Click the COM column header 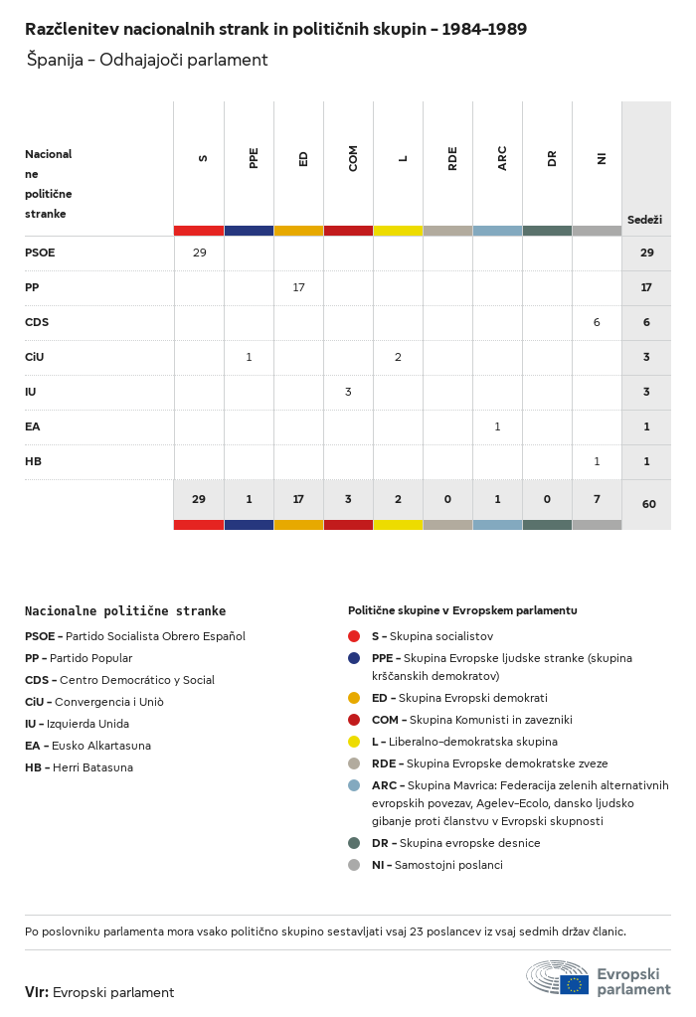(x=353, y=158)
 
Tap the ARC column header (x=502, y=158)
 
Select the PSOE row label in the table (x=40, y=253)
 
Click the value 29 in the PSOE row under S (x=199, y=253)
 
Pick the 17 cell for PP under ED (x=298, y=287)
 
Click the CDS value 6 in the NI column (x=597, y=322)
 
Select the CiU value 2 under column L (x=398, y=357)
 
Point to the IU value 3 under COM (x=348, y=392)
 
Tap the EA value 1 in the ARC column (x=497, y=426)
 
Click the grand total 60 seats (x=648, y=504)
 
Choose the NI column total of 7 (x=597, y=499)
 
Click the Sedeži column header (x=644, y=220)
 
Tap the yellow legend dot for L (x=354, y=742)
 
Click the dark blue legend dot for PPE (x=354, y=658)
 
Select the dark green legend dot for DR (x=354, y=843)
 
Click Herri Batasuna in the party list (x=92, y=767)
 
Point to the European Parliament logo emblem (x=557, y=977)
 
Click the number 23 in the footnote (x=417, y=932)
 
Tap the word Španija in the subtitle (x=55, y=61)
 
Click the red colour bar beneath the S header (x=199, y=231)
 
